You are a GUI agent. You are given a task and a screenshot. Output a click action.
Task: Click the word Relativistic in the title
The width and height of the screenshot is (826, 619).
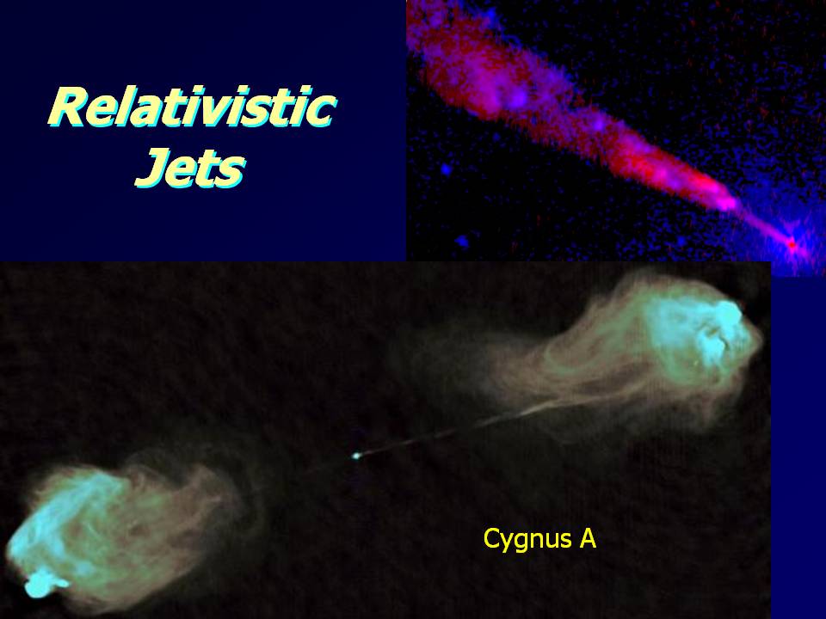pyautogui.click(x=192, y=107)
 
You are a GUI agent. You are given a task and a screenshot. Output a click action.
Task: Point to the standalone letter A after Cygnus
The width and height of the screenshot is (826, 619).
pyautogui.click(x=589, y=538)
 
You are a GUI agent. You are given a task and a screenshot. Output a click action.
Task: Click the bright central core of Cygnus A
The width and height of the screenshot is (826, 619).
pyautogui.click(x=356, y=456)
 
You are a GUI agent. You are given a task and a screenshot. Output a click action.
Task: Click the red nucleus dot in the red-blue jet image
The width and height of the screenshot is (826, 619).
pyautogui.click(x=792, y=244)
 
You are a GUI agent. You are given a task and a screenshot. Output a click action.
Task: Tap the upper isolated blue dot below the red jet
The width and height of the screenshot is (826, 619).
pyautogui.click(x=447, y=169)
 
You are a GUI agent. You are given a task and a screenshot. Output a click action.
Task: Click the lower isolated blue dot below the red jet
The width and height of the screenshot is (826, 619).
pyautogui.click(x=462, y=242)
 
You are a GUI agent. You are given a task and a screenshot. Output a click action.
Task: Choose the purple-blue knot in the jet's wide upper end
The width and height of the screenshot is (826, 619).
pyautogui.click(x=518, y=98)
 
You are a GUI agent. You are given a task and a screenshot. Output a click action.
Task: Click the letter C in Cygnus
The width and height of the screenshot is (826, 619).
pyautogui.click(x=492, y=538)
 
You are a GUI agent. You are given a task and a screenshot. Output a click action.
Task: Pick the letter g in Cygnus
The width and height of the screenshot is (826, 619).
pyautogui.click(x=521, y=543)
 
